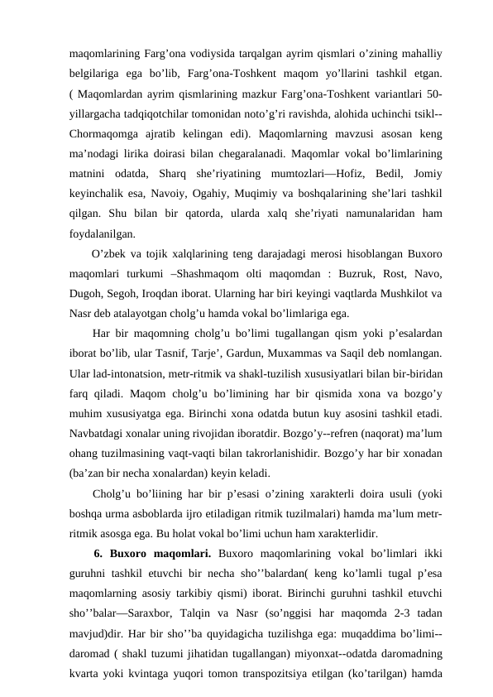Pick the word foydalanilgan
pos(102,234)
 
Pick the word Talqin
pos(219,610)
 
